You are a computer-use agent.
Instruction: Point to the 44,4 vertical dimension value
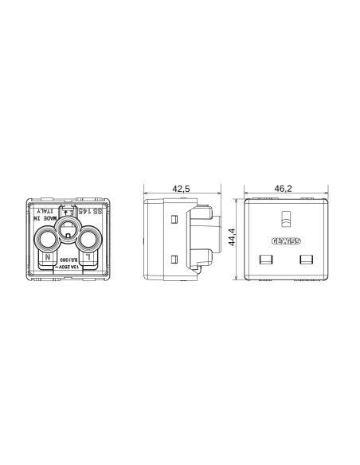click(x=233, y=238)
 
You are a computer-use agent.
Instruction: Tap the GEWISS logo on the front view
click(x=284, y=241)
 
